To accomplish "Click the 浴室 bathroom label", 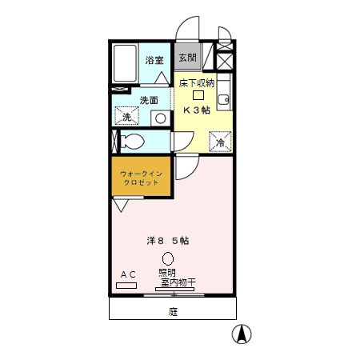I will pyautogui.click(x=154, y=60).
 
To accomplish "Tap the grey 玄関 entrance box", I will pyautogui.click(x=187, y=58).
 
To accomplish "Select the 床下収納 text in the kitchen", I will pyautogui.click(x=196, y=83).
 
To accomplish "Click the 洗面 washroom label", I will pyautogui.click(x=150, y=100).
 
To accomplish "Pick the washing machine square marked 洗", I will pyautogui.click(x=126, y=117).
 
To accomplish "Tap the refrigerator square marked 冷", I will pyautogui.click(x=221, y=141).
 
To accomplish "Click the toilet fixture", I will pyautogui.click(x=134, y=142).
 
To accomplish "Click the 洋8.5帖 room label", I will pyautogui.click(x=167, y=240).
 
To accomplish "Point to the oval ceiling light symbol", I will pyautogui.click(x=168, y=258).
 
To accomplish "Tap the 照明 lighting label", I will pyautogui.click(x=167, y=273).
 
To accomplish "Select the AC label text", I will pyautogui.click(x=128, y=274).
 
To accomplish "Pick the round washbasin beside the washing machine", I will pyautogui.click(x=160, y=118).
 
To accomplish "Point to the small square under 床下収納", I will pyautogui.click(x=197, y=95).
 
